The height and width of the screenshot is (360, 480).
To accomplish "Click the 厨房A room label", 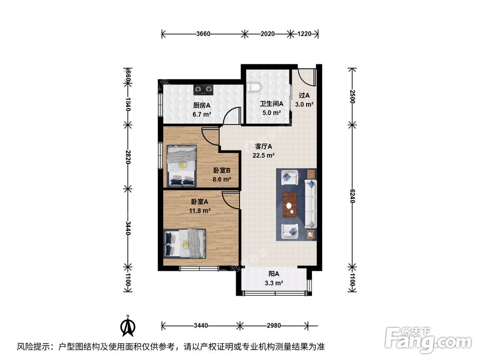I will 202,105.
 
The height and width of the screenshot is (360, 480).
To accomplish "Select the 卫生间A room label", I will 272,104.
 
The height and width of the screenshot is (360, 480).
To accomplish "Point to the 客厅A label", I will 264,146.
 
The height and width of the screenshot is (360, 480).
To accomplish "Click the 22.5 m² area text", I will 264,155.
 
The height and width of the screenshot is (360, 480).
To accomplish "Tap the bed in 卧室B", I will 181,165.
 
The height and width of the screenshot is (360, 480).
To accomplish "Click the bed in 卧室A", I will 185,243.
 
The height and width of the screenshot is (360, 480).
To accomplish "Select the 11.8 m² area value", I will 200,210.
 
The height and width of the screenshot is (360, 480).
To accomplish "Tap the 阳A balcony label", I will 274,274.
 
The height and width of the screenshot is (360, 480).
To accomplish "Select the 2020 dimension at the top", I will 267,34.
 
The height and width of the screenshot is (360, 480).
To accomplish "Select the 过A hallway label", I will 304,96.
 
